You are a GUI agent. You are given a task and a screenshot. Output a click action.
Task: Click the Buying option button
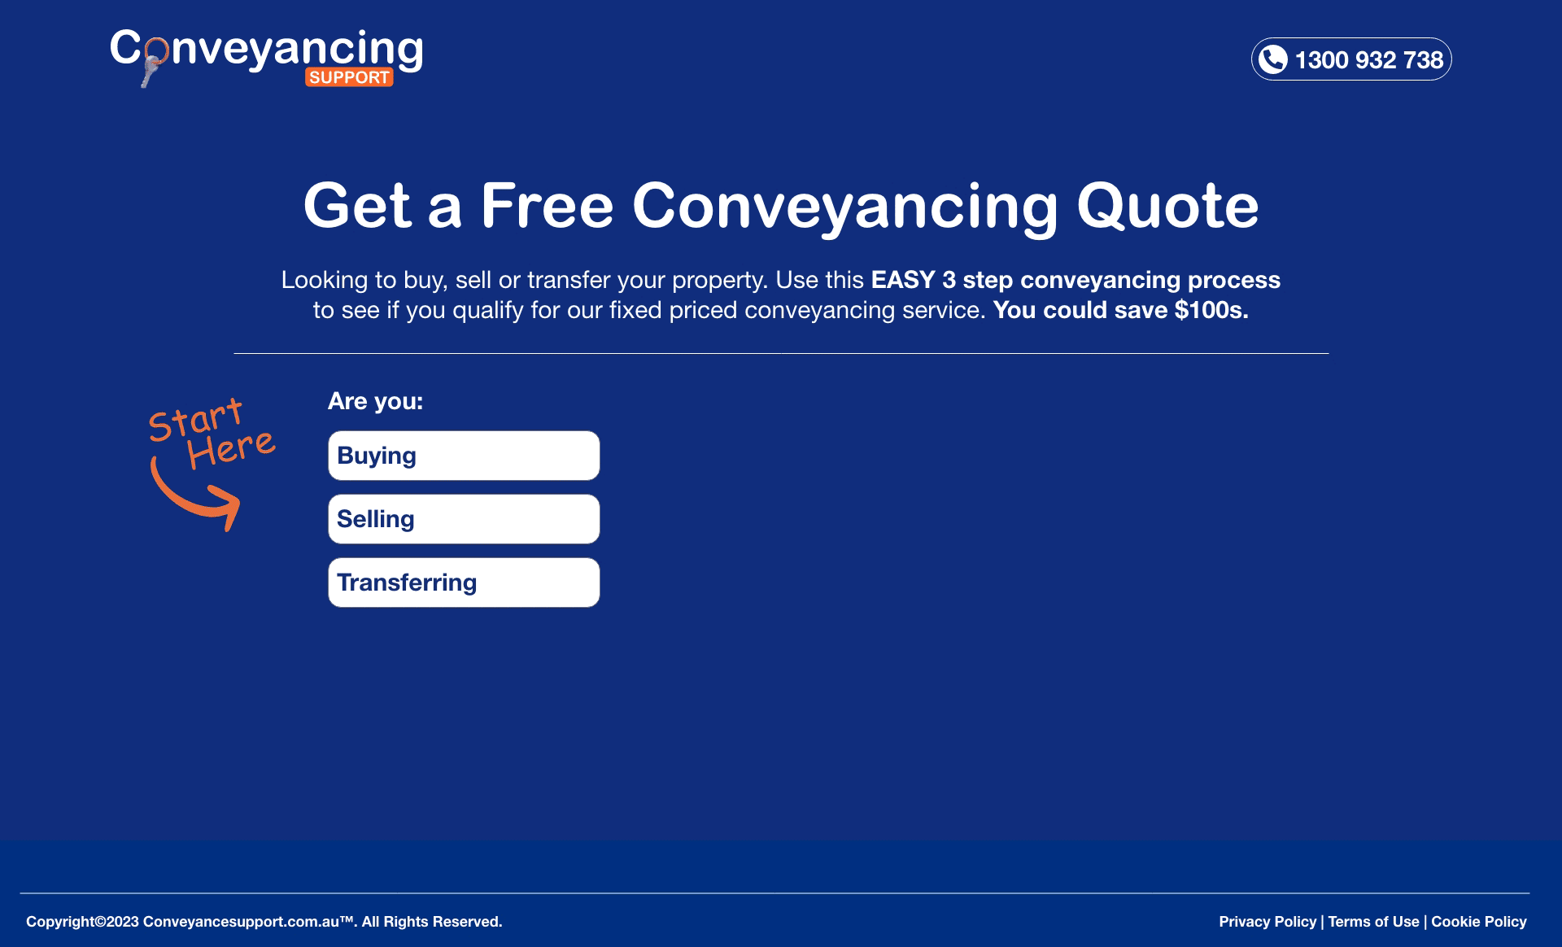pyautogui.click(x=464, y=456)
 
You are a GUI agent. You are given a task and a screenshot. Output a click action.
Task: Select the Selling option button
pyautogui.click(x=464, y=519)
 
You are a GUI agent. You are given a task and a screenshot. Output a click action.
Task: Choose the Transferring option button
pyautogui.click(x=464, y=583)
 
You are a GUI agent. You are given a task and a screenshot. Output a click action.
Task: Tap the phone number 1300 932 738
pyautogui.click(x=1368, y=59)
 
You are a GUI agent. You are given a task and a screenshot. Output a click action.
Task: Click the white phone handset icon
pyautogui.click(x=1273, y=59)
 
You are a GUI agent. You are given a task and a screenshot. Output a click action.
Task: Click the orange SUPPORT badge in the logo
pyautogui.click(x=349, y=77)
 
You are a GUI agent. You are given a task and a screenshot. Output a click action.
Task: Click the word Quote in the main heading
pyautogui.click(x=1167, y=206)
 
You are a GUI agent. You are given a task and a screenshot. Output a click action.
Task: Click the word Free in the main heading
pyautogui.click(x=547, y=205)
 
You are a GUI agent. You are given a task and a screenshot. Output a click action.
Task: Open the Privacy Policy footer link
pyautogui.click(x=1267, y=922)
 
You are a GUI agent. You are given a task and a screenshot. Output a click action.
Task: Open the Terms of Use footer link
pyautogui.click(x=1374, y=922)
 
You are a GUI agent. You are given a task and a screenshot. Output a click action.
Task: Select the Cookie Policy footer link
pyautogui.click(x=1479, y=922)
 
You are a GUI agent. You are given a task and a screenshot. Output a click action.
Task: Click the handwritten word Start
pyautogui.click(x=196, y=420)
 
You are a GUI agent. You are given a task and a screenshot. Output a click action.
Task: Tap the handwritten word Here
pyautogui.click(x=232, y=447)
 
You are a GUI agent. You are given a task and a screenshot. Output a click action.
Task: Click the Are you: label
pyautogui.click(x=375, y=401)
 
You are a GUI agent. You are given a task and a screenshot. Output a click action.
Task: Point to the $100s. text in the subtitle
pyautogui.click(x=1211, y=310)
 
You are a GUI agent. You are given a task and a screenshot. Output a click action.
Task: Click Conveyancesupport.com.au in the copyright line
pyautogui.click(x=241, y=922)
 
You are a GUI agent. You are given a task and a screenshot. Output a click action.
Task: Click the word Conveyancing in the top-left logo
pyautogui.click(x=267, y=50)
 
